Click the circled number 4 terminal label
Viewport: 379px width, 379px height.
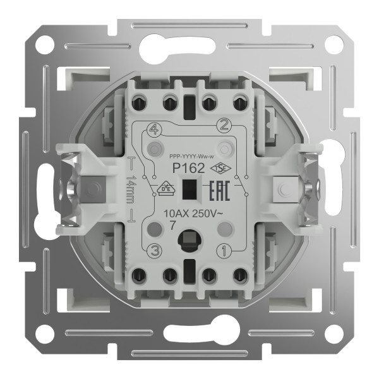pyautogui.click(x=151, y=131)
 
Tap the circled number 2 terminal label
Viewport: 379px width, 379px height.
pyautogui.click(x=222, y=124)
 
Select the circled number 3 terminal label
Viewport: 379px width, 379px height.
pyautogui.click(x=152, y=251)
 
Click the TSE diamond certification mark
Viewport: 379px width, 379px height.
pyautogui.click(x=220, y=167)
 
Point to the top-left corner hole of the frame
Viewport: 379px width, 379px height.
pyautogui.click(x=44, y=45)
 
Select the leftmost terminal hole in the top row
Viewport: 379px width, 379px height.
pyautogui.click(x=140, y=102)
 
